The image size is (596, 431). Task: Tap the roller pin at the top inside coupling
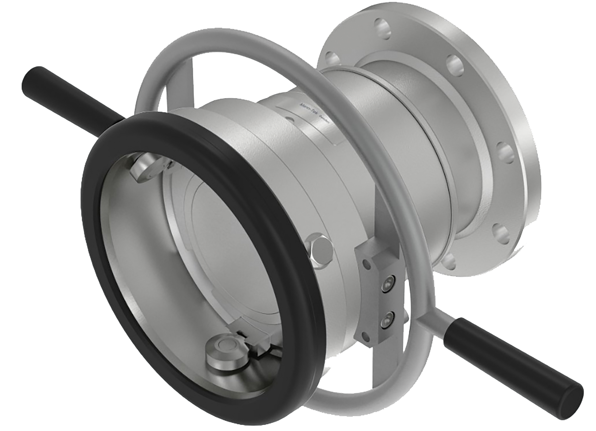(147, 168)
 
